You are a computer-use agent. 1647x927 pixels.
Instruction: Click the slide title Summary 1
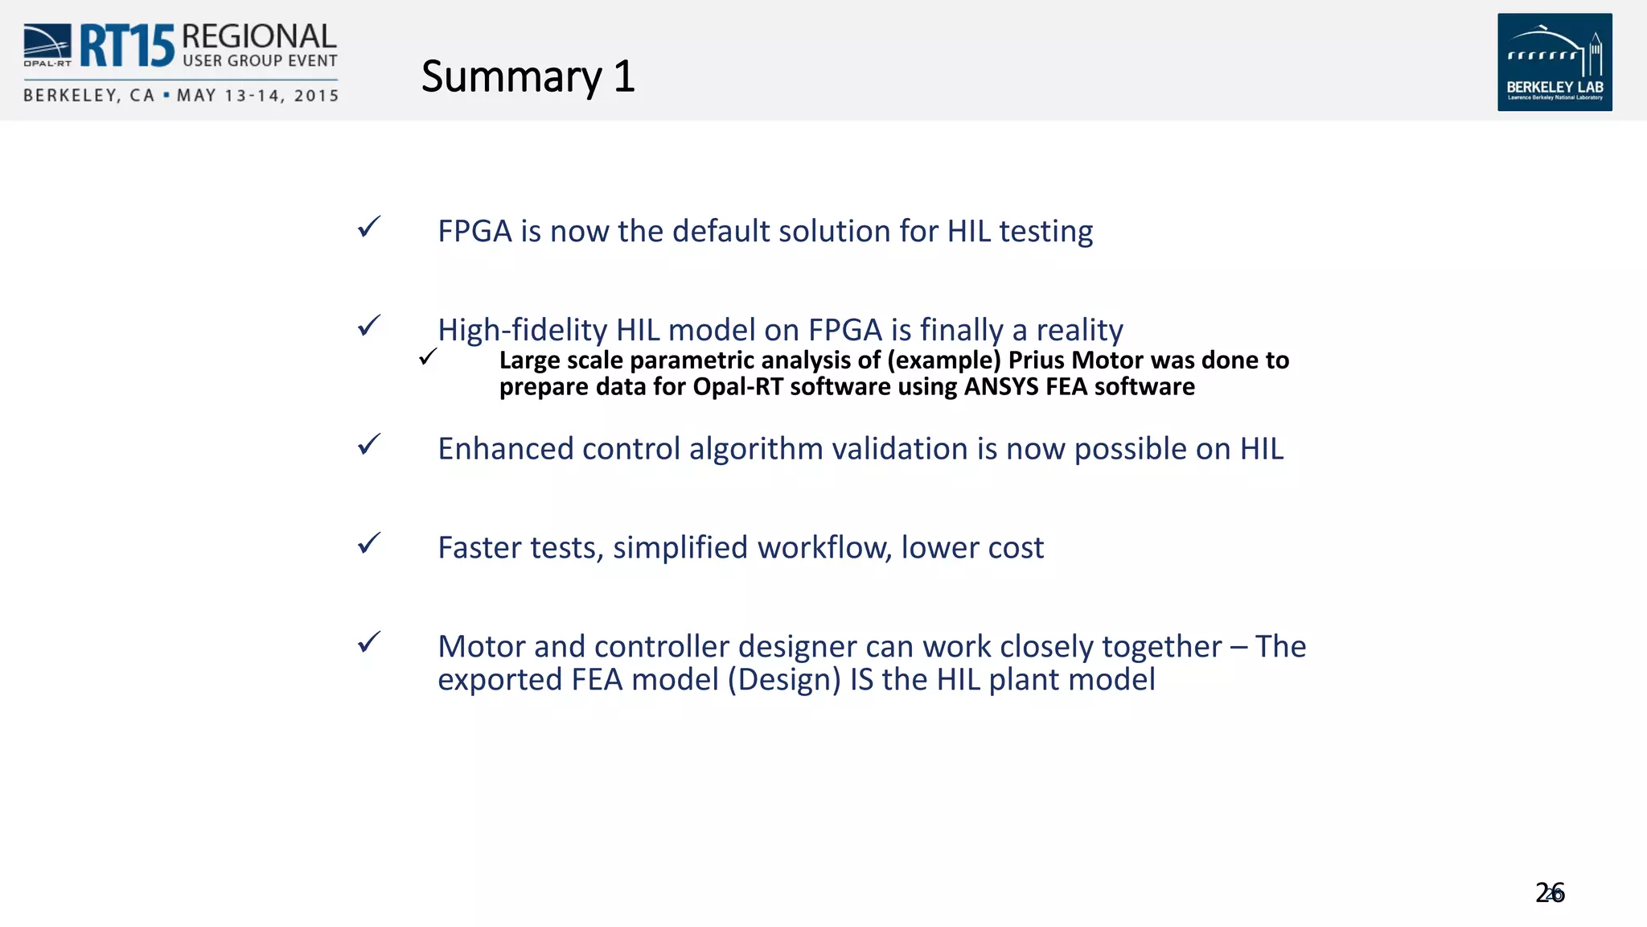pos(528,77)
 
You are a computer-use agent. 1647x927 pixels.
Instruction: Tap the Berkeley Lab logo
pos(1554,62)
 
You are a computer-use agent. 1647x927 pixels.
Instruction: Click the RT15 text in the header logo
pos(126,46)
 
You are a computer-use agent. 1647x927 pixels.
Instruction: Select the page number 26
pos(1549,892)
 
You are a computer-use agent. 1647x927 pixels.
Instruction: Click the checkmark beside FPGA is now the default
pos(369,227)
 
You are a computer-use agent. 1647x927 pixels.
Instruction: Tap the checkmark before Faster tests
pos(369,544)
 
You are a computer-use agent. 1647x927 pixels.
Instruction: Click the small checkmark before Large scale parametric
pos(428,356)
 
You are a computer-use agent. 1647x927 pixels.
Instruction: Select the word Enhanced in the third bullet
pos(505,449)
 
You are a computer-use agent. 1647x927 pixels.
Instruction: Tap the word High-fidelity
pos(522,330)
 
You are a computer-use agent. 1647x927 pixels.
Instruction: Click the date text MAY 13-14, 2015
pos(257,96)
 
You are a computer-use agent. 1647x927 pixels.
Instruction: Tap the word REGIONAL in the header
pos(259,36)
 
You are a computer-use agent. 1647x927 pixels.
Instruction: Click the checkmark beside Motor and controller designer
pos(369,642)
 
